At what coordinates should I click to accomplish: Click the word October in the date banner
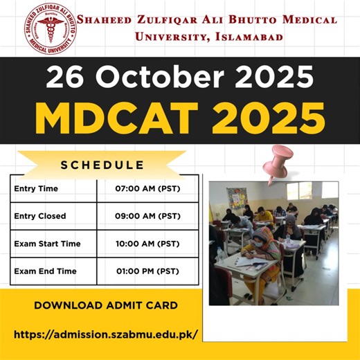156,76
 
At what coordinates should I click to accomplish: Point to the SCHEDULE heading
102,165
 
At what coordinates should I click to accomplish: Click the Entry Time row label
36,189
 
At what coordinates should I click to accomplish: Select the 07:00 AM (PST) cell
147,189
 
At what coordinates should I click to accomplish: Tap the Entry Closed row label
40,216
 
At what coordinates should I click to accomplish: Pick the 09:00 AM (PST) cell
147,216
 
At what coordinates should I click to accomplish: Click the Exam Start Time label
47,244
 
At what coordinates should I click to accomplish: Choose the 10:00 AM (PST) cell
147,244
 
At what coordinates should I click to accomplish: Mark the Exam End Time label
45,271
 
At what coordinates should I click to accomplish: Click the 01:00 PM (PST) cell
147,271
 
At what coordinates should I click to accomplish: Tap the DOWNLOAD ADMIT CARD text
106,305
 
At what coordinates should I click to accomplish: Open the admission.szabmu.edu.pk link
106,334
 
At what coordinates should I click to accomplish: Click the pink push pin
281,161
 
